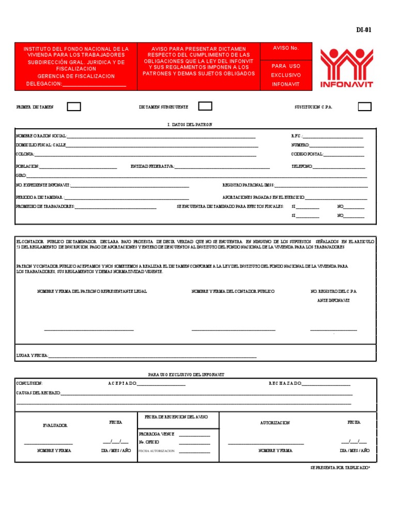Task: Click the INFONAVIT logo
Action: pyautogui.click(x=346, y=68)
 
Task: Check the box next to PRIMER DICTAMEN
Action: pyautogui.click(x=74, y=107)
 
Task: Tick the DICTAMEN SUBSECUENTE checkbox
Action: pyautogui.click(x=205, y=106)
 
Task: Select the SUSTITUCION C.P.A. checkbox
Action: pyautogui.click(x=364, y=107)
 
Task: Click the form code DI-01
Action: pyautogui.click(x=363, y=29)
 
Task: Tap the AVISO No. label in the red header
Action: pyautogui.click(x=286, y=48)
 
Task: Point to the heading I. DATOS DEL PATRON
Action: pyautogui.click(x=190, y=125)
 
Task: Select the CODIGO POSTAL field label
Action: pyautogui.click(x=307, y=154)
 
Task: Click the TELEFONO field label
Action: pyautogui.click(x=302, y=166)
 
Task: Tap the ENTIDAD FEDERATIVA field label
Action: pyautogui.click(x=152, y=166)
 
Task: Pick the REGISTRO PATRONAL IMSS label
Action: pyautogui.click(x=248, y=184)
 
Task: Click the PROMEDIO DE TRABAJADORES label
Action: pyautogui.click(x=45, y=206)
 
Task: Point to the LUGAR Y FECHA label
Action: pyautogui.click(x=32, y=355)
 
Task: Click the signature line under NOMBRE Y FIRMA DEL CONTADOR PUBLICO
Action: pyautogui.click(x=233, y=330)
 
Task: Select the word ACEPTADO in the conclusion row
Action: pyautogui.click(x=122, y=384)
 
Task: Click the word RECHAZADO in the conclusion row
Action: pyautogui.click(x=284, y=384)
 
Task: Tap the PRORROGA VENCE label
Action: pyautogui.click(x=156, y=434)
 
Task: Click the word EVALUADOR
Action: pyautogui.click(x=55, y=426)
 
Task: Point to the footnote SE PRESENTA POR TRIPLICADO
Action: pyautogui.click(x=340, y=467)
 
